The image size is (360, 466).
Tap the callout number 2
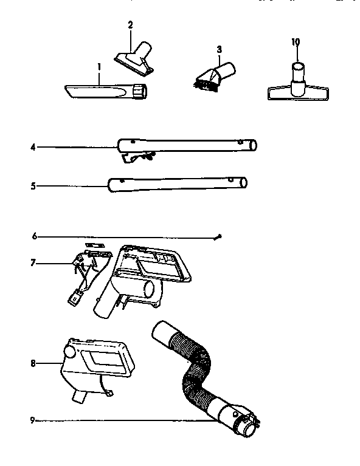click(x=130, y=24)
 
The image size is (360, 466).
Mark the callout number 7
click(x=33, y=263)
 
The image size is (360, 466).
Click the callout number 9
click(x=33, y=419)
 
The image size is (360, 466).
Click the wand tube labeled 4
click(x=189, y=145)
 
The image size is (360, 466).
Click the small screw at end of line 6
click(x=223, y=236)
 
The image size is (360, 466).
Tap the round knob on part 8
click(x=69, y=351)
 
